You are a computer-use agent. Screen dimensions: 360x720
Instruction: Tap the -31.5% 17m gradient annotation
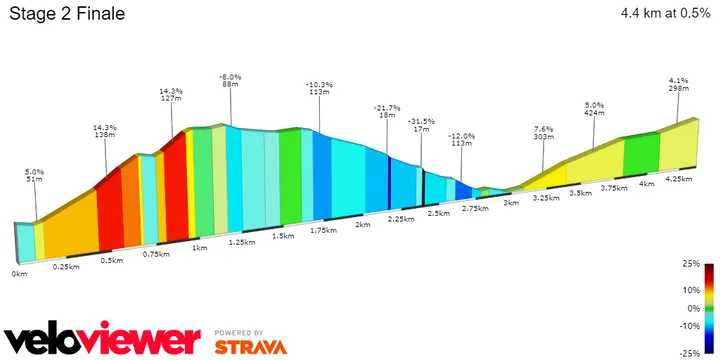tap(420, 126)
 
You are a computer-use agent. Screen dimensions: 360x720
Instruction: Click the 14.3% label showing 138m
tap(105, 132)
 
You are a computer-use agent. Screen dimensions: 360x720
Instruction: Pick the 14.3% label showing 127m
tap(171, 95)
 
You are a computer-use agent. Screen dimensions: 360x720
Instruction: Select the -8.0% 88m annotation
tap(231, 81)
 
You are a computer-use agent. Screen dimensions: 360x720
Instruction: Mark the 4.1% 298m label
tap(679, 83)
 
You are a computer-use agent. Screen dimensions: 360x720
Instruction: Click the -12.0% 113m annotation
tap(461, 139)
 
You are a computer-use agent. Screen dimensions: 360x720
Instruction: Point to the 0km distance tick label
tap(19, 273)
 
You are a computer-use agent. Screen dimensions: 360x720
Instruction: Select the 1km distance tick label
tap(200, 247)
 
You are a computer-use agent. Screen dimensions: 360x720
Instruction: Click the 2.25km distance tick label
tap(400, 218)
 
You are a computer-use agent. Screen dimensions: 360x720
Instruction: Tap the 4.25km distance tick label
tap(680, 178)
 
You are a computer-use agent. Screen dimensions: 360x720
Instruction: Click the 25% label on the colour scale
tap(690, 264)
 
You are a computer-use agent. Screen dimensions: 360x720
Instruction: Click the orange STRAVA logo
tap(250, 347)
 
